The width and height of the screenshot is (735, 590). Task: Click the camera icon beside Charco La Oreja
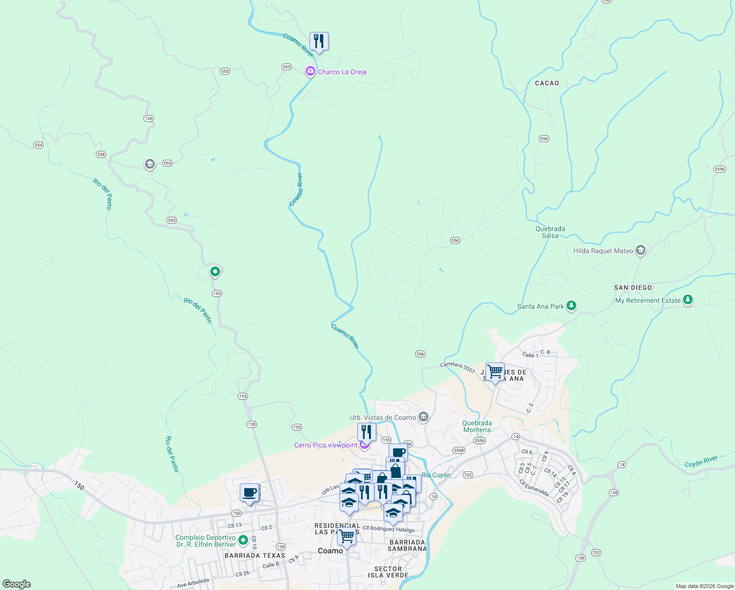pyautogui.click(x=310, y=72)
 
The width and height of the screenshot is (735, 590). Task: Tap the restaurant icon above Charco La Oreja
pyautogui.click(x=319, y=41)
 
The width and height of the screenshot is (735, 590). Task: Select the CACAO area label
pyautogui.click(x=547, y=83)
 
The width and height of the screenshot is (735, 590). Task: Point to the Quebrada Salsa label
pyautogui.click(x=550, y=232)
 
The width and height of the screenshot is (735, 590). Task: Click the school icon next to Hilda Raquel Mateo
pyautogui.click(x=640, y=251)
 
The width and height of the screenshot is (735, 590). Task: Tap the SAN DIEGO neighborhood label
pyautogui.click(x=633, y=288)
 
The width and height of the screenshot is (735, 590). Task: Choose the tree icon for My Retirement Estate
pyautogui.click(x=688, y=300)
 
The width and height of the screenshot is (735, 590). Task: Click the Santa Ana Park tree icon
pyautogui.click(x=571, y=306)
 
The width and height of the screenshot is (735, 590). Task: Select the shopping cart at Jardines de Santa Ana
pyautogui.click(x=495, y=372)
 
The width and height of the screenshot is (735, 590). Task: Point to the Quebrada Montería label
pyautogui.click(x=477, y=426)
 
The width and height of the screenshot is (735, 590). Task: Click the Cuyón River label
pyautogui.click(x=701, y=461)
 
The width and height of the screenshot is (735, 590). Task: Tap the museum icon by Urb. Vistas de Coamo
pyautogui.click(x=424, y=417)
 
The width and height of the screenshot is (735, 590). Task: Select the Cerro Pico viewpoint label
pyautogui.click(x=326, y=445)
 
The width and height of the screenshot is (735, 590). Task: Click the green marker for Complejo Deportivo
pyautogui.click(x=243, y=541)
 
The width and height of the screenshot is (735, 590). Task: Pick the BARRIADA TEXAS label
pyautogui.click(x=254, y=556)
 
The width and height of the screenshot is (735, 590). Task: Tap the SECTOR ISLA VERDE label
pyautogui.click(x=388, y=572)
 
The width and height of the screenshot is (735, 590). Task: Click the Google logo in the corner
pyautogui.click(x=17, y=584)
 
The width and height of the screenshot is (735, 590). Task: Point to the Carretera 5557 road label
pyautogui.click(x=457, y=367)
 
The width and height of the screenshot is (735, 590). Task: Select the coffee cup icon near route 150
pyautogui.click(x=250, y=493)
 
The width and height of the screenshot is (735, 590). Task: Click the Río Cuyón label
pyautogui.click(x=436, y=475)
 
